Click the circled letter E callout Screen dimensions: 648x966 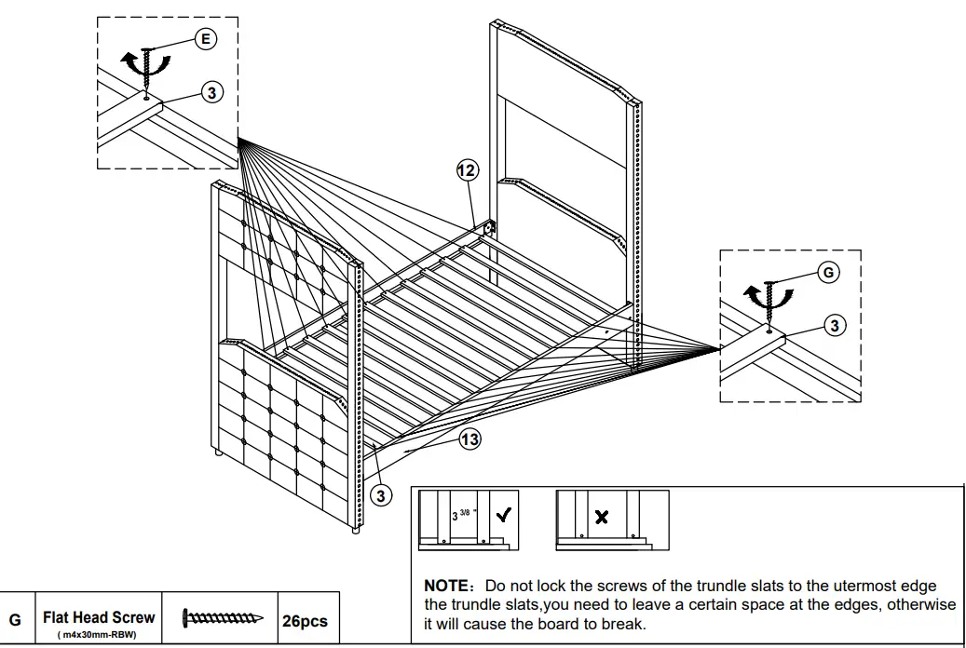tap(205, 38)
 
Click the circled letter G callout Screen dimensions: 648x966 tap(827, 272)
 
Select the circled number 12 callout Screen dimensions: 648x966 tap(467, 169)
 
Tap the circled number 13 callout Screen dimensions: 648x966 tap(470, 440)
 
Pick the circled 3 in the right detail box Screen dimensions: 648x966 tap(836, 324)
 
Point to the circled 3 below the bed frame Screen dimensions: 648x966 tap(380, 494)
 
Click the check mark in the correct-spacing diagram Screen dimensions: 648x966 tap(503, 516)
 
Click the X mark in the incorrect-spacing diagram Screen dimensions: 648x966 tap(601, 518)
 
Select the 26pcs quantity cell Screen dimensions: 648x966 tap(305, 620)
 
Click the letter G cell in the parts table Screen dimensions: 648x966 tap(15, 620)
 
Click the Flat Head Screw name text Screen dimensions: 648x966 tap(99, 616)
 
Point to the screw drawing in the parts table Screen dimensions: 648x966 tap(223, 617)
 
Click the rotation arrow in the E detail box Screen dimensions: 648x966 tap(147, 68)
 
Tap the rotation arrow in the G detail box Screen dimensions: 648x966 tap(768, 300)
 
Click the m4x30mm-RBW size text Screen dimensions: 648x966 tap(97, 634)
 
